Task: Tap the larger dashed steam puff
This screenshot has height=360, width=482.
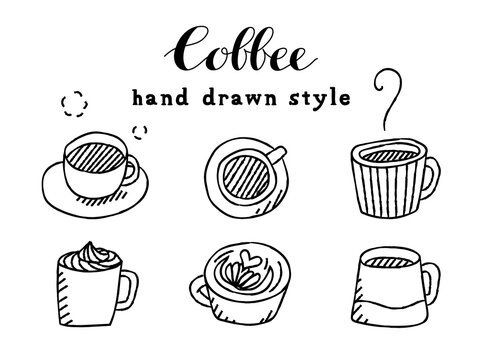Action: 71,104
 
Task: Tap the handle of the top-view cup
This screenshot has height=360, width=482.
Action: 277,153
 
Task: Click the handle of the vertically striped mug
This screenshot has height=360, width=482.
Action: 429,181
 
